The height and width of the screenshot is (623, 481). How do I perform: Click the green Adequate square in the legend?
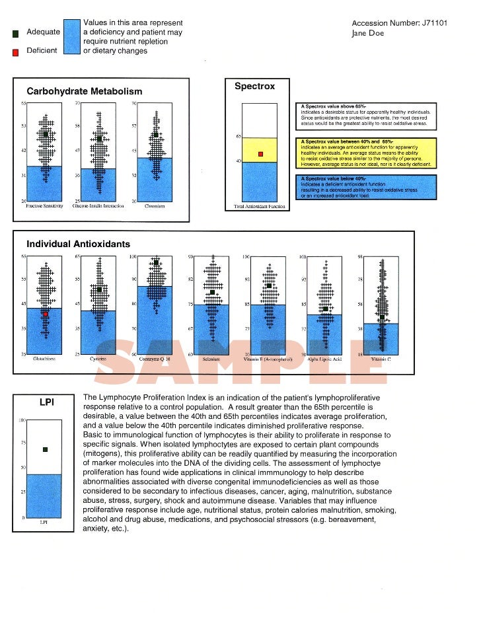click(x=15, y=33)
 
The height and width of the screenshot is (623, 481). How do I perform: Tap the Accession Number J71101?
click(x=400, y=23)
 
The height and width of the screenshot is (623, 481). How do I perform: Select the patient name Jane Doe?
click(x=368, y=33)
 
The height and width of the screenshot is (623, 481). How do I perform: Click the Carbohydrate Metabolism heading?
click(x=84, y=91)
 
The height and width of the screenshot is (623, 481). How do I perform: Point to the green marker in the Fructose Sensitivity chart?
click(x=46, y=134)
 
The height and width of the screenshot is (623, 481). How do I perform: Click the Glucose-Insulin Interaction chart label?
click(x=98, y=206)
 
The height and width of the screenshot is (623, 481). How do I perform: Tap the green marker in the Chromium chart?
click(x=156, y=135)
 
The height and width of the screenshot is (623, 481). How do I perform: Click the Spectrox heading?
click(x=254, y=87)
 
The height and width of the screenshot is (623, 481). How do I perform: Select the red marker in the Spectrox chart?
click(x=260, y=154)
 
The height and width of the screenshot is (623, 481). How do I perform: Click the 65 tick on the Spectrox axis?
click(x=239, y=137)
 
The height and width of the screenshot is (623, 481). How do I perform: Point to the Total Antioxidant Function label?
click(x=260, y=207)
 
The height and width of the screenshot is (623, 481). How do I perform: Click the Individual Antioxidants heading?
click(x=78, y=244)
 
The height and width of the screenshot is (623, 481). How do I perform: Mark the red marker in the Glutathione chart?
click(x=46, y=314)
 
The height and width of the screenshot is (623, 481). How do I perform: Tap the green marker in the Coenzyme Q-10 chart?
click(x=156, y=263)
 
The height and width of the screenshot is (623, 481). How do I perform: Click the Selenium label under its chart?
click(x=211, y=359)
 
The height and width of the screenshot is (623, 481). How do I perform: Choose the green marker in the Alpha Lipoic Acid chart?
click(x=325, y=309)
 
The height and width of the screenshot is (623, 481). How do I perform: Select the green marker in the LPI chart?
click(x=45, y=449)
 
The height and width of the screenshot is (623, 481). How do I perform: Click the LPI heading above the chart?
click(x=47, y=402)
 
